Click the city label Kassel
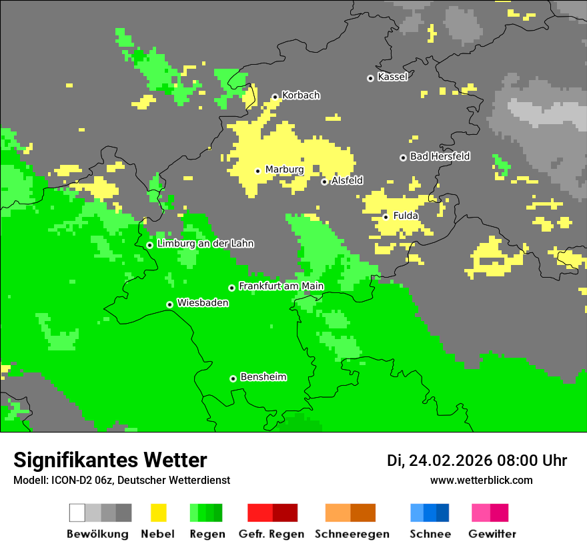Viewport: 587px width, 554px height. [392, 77]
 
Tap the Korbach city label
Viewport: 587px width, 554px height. [301, 95]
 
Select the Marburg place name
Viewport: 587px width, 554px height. [284, 170]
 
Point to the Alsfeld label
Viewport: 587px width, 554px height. [348, 180]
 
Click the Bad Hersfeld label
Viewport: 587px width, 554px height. [440, 156]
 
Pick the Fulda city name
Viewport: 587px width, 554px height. [406, 216]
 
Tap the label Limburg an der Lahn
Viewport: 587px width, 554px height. [205, 244]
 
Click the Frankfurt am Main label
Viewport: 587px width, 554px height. [281, 286]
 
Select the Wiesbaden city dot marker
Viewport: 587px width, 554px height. [170, 304]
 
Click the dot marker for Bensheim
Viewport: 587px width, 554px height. [233, 378]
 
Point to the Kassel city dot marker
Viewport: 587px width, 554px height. [370, 78]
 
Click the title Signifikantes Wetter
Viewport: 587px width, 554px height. [110, 460]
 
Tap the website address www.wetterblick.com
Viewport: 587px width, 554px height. [481, 480]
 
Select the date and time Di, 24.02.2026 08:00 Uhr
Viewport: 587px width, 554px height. [477, 461]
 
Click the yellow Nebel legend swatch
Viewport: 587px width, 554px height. [158, 513]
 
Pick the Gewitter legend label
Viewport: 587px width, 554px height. [492, 534]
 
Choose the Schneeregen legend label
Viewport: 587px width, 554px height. [352, 534]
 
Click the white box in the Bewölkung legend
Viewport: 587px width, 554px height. [77, 513]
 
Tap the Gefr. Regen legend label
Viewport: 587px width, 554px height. [271, 534]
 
